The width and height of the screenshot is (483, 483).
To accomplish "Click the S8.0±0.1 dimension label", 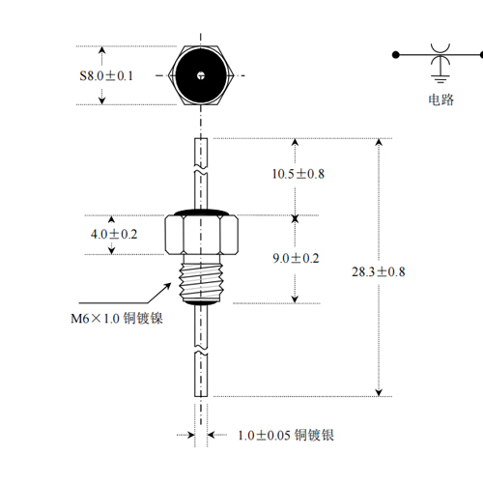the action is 106,76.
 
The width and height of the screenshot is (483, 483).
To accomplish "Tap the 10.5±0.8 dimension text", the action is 298,174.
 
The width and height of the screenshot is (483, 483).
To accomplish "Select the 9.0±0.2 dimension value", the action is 296,258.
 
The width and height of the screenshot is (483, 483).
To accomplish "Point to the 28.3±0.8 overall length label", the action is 379,271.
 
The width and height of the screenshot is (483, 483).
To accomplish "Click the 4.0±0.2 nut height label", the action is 114,234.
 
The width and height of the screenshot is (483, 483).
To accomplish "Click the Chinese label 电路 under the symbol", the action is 440,99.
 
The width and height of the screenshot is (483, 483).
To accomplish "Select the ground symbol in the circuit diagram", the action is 440,78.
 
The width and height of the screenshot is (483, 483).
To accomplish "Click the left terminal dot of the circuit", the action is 396,55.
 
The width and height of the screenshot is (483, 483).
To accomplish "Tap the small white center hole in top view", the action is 201,75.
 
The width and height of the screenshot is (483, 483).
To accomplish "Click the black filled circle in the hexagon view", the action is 201,75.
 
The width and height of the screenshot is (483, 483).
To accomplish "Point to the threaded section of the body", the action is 201,282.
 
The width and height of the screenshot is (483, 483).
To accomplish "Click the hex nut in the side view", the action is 202,235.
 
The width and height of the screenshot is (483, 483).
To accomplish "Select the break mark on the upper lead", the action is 201,170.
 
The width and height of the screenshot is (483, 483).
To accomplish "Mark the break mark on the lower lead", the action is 201,350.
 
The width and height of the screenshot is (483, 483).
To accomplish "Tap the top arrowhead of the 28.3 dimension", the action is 379,142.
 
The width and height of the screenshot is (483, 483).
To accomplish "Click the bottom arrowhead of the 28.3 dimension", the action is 379,392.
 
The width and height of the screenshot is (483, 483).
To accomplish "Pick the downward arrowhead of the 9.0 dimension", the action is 295,299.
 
